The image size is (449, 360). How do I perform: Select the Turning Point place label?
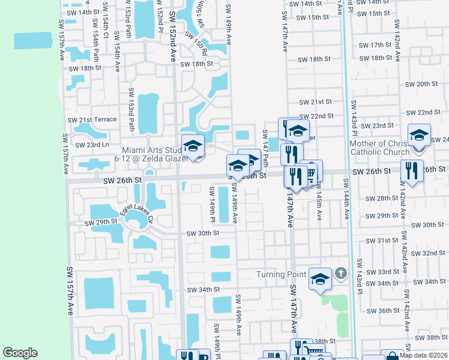point(281,274)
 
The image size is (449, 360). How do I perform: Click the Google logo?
point(20,353)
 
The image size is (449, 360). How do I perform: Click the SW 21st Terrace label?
point(92,119)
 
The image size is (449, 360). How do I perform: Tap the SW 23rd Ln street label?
point(92,145)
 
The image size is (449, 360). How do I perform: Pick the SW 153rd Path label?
point(130,109)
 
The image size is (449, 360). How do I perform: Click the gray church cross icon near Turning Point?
point(341,275)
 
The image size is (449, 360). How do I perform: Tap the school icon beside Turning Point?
point(320,278)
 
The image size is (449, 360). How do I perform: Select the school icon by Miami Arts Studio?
point(193,146)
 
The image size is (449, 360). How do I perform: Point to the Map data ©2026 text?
point(423,355)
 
